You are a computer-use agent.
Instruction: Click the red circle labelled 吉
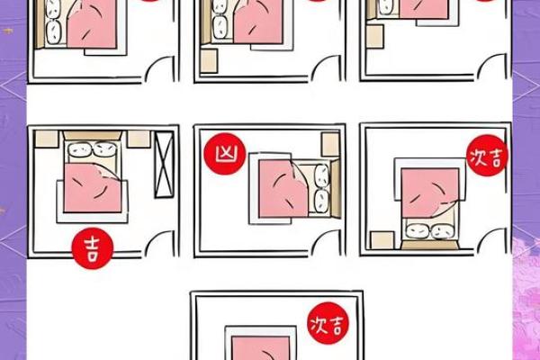(x=90, y=244)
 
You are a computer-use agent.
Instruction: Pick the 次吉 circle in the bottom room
(x=327, y=322)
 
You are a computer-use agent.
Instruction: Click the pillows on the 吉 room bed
(x=90, y=150)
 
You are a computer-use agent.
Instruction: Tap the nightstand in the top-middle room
(x=210, y=60)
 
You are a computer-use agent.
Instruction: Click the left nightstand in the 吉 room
(x=49, y=139)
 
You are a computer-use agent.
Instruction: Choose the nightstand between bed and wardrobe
(x=138, y=139)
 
